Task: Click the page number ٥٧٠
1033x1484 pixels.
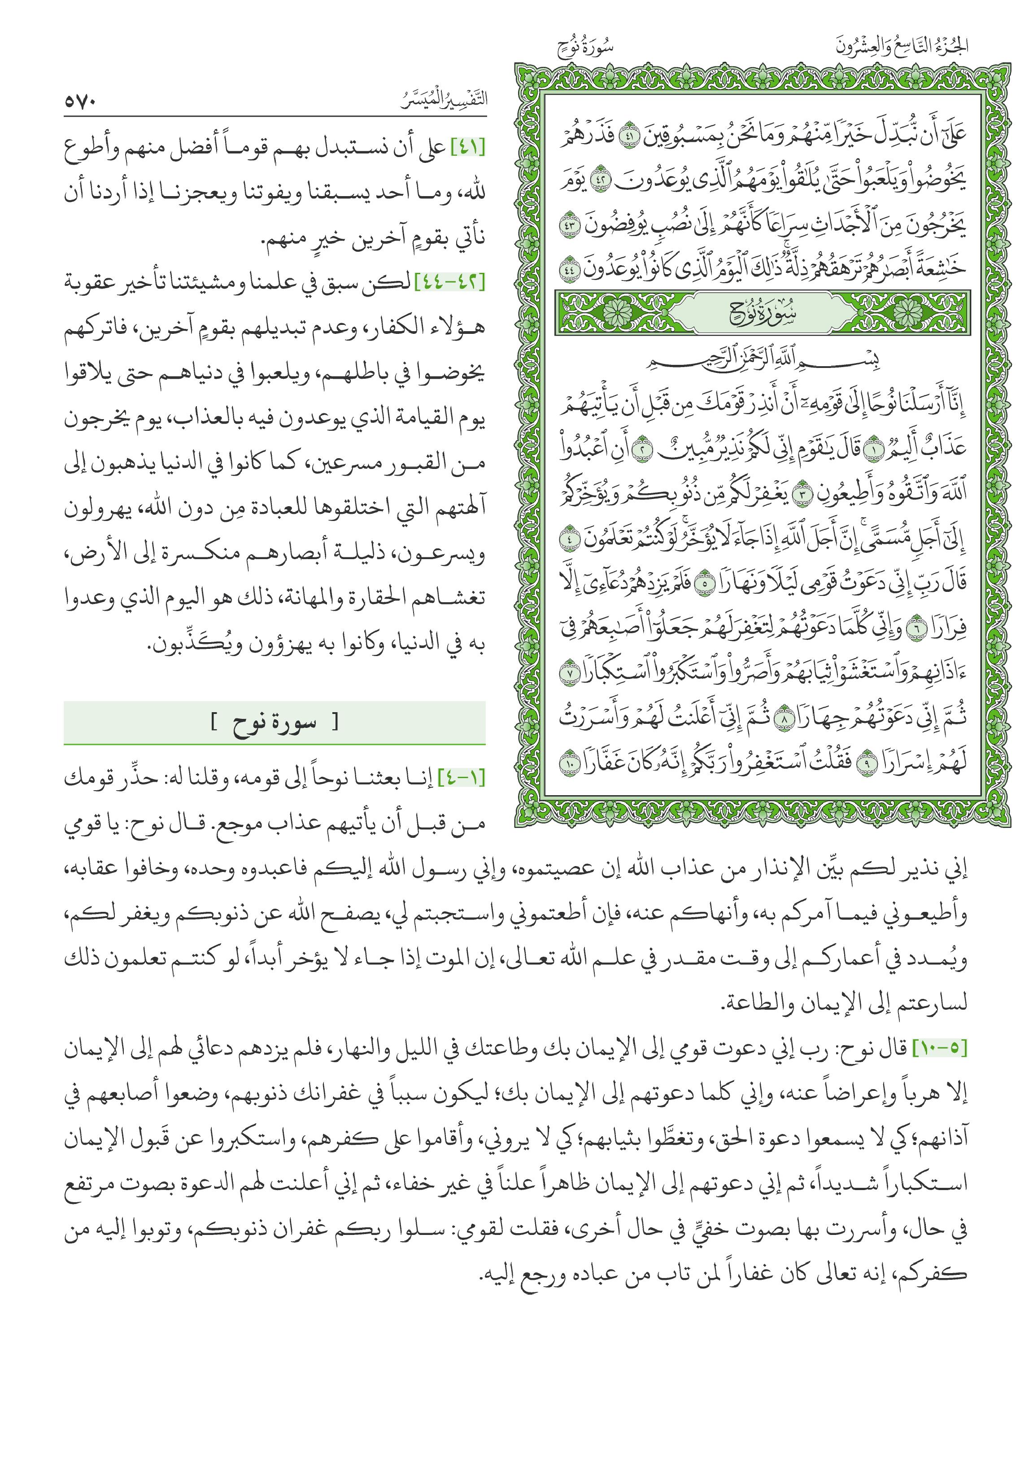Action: pyautogui.click(x=80, y=101)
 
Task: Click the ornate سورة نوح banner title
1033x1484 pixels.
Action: pyautogui.click(x=763, y=315)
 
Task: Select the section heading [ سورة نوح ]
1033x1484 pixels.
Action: pyautogui.click(x=275, y=722)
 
